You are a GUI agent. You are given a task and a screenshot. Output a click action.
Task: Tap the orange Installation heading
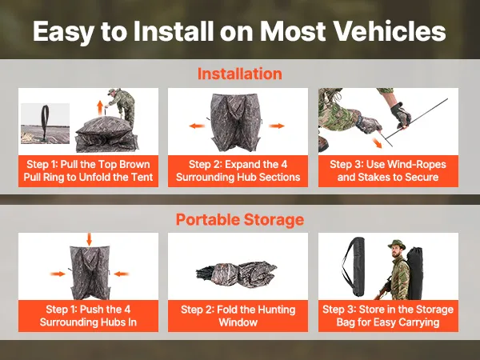click(240, 74)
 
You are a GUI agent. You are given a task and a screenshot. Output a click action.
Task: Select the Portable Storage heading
click(240, 219)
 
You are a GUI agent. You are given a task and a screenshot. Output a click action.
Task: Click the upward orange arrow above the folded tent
click(100, 107)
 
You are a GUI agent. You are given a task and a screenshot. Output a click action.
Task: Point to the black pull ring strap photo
click(46, 123)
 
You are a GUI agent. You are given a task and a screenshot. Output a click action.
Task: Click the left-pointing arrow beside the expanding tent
click(197, 126)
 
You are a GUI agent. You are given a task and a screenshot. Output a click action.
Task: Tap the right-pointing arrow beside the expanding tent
click(277, 126)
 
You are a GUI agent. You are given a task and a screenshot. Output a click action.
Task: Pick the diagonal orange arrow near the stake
click(377, 142)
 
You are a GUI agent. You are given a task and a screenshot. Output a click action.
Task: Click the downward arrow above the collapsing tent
click(89, 239)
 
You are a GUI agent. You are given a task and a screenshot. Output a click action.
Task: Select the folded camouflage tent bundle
click(237, 271)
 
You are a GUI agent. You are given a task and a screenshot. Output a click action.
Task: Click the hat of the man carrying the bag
click(397, 244)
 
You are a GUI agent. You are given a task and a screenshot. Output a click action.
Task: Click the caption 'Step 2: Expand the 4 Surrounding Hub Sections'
click(238, 171)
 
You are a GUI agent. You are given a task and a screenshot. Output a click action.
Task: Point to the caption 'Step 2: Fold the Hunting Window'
click(238, 316)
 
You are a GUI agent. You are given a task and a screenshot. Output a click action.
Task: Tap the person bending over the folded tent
click(122, 106)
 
